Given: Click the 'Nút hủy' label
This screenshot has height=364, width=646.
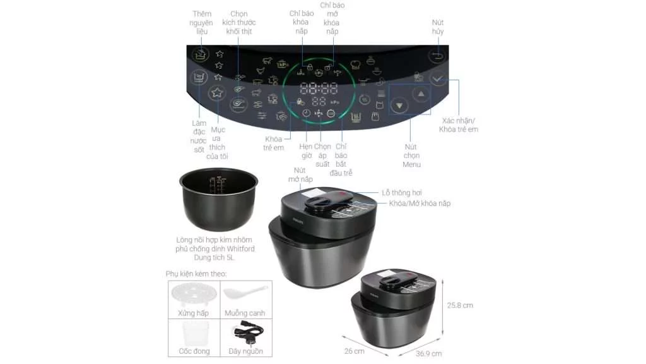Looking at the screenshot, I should click(x=438, y=27).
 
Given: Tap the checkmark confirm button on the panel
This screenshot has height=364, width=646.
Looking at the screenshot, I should click(x=438, y=80).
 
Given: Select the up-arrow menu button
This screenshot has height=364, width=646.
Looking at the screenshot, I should click(x=421, y=94).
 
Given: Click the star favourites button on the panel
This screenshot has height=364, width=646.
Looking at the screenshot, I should click(x=217, y=93).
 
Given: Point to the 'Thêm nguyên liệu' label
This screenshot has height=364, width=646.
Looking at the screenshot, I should click(x=201, y=22).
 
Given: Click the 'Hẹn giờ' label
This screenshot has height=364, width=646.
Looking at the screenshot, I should click(x=305, y=151).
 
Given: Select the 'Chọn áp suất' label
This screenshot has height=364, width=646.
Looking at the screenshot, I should click(x=322, y=155).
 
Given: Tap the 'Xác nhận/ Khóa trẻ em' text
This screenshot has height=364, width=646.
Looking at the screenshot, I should click(x=459, y=124).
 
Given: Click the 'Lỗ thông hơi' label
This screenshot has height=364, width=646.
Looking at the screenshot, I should click(x=402, y=192).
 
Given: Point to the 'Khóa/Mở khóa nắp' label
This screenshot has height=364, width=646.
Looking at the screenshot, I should click(x=420, y=203).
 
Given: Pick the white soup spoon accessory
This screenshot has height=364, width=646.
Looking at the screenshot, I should click(x=245, y=294).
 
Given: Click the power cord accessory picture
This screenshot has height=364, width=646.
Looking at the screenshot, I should click(x=245, y=332).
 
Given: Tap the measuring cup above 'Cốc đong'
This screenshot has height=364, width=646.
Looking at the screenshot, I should click(x=194, y=332).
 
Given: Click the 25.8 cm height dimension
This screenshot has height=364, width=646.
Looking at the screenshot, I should click(x=460, y=305).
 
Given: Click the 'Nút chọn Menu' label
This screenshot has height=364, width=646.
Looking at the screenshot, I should click(x=411, y=155).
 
